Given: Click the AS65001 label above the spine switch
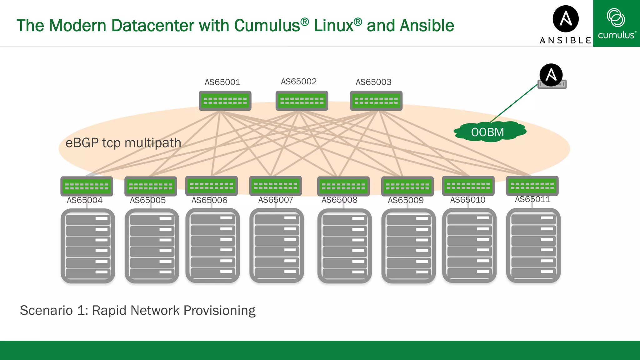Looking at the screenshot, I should click(x=222, y=82).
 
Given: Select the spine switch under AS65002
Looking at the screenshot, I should click(x=302, y=101).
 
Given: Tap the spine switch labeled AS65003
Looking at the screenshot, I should click(x=376, y=101).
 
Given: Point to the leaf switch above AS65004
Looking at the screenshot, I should click(x=87, y=186).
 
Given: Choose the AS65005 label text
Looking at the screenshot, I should click(x=147, y=200).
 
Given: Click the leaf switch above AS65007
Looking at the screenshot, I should click(x=275, y=186).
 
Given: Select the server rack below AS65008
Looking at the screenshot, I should click(x=344, y=246).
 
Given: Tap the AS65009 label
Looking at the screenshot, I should click(x=405, y=200).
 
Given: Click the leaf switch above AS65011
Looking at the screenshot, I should click(x=532, y=186).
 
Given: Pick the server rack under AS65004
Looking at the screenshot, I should click(x=88, y=246).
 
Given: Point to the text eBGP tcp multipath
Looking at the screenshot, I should click(x=123, y=143).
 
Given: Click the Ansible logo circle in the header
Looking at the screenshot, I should click(x=565, y=19).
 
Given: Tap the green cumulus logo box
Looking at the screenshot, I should click(x=616, y=23).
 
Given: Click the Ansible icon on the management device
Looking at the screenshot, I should click(x=551, y=75).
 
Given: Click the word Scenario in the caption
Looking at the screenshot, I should click(x=46, y=311).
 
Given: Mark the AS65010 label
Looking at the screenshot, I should click(x=467, y=200).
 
